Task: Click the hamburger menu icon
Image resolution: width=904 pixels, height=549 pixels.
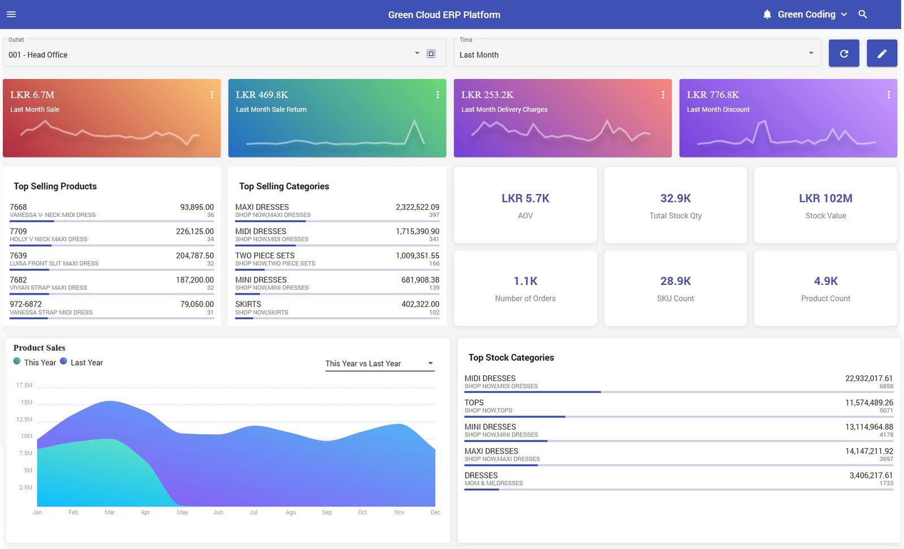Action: [11, 15]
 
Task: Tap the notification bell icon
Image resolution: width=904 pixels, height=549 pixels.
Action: [767, 15]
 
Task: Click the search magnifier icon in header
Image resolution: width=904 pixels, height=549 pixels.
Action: [862, 15]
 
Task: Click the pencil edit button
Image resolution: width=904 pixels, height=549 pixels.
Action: [881, 54]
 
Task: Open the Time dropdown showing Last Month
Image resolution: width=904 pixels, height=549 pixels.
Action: [637, 54]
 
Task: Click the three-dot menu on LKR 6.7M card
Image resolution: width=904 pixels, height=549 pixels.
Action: [212, 95]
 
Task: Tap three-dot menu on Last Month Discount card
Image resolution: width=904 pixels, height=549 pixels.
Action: [888, 95]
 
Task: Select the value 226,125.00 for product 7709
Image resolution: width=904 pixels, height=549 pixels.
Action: [194, 231]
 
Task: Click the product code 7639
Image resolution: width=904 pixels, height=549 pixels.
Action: [18, 256]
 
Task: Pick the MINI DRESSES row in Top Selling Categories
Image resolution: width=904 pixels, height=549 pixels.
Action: [261, 280]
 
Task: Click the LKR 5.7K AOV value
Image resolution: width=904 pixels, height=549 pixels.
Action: [525, 198]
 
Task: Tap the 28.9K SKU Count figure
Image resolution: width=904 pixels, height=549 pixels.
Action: [675, 281]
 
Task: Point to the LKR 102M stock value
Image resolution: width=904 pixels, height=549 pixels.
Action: [825, 198]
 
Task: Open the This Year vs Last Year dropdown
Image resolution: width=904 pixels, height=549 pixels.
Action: [379, 364]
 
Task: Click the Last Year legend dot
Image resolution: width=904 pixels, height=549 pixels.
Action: [63, 361]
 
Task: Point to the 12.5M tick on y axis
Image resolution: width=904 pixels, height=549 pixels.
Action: [24, 420]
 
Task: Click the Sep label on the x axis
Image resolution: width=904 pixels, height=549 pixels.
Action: [327, 512]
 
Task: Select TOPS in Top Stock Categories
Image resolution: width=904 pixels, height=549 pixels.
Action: [474, 403]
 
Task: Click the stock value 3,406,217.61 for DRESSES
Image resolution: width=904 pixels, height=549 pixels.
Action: [871, 475]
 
